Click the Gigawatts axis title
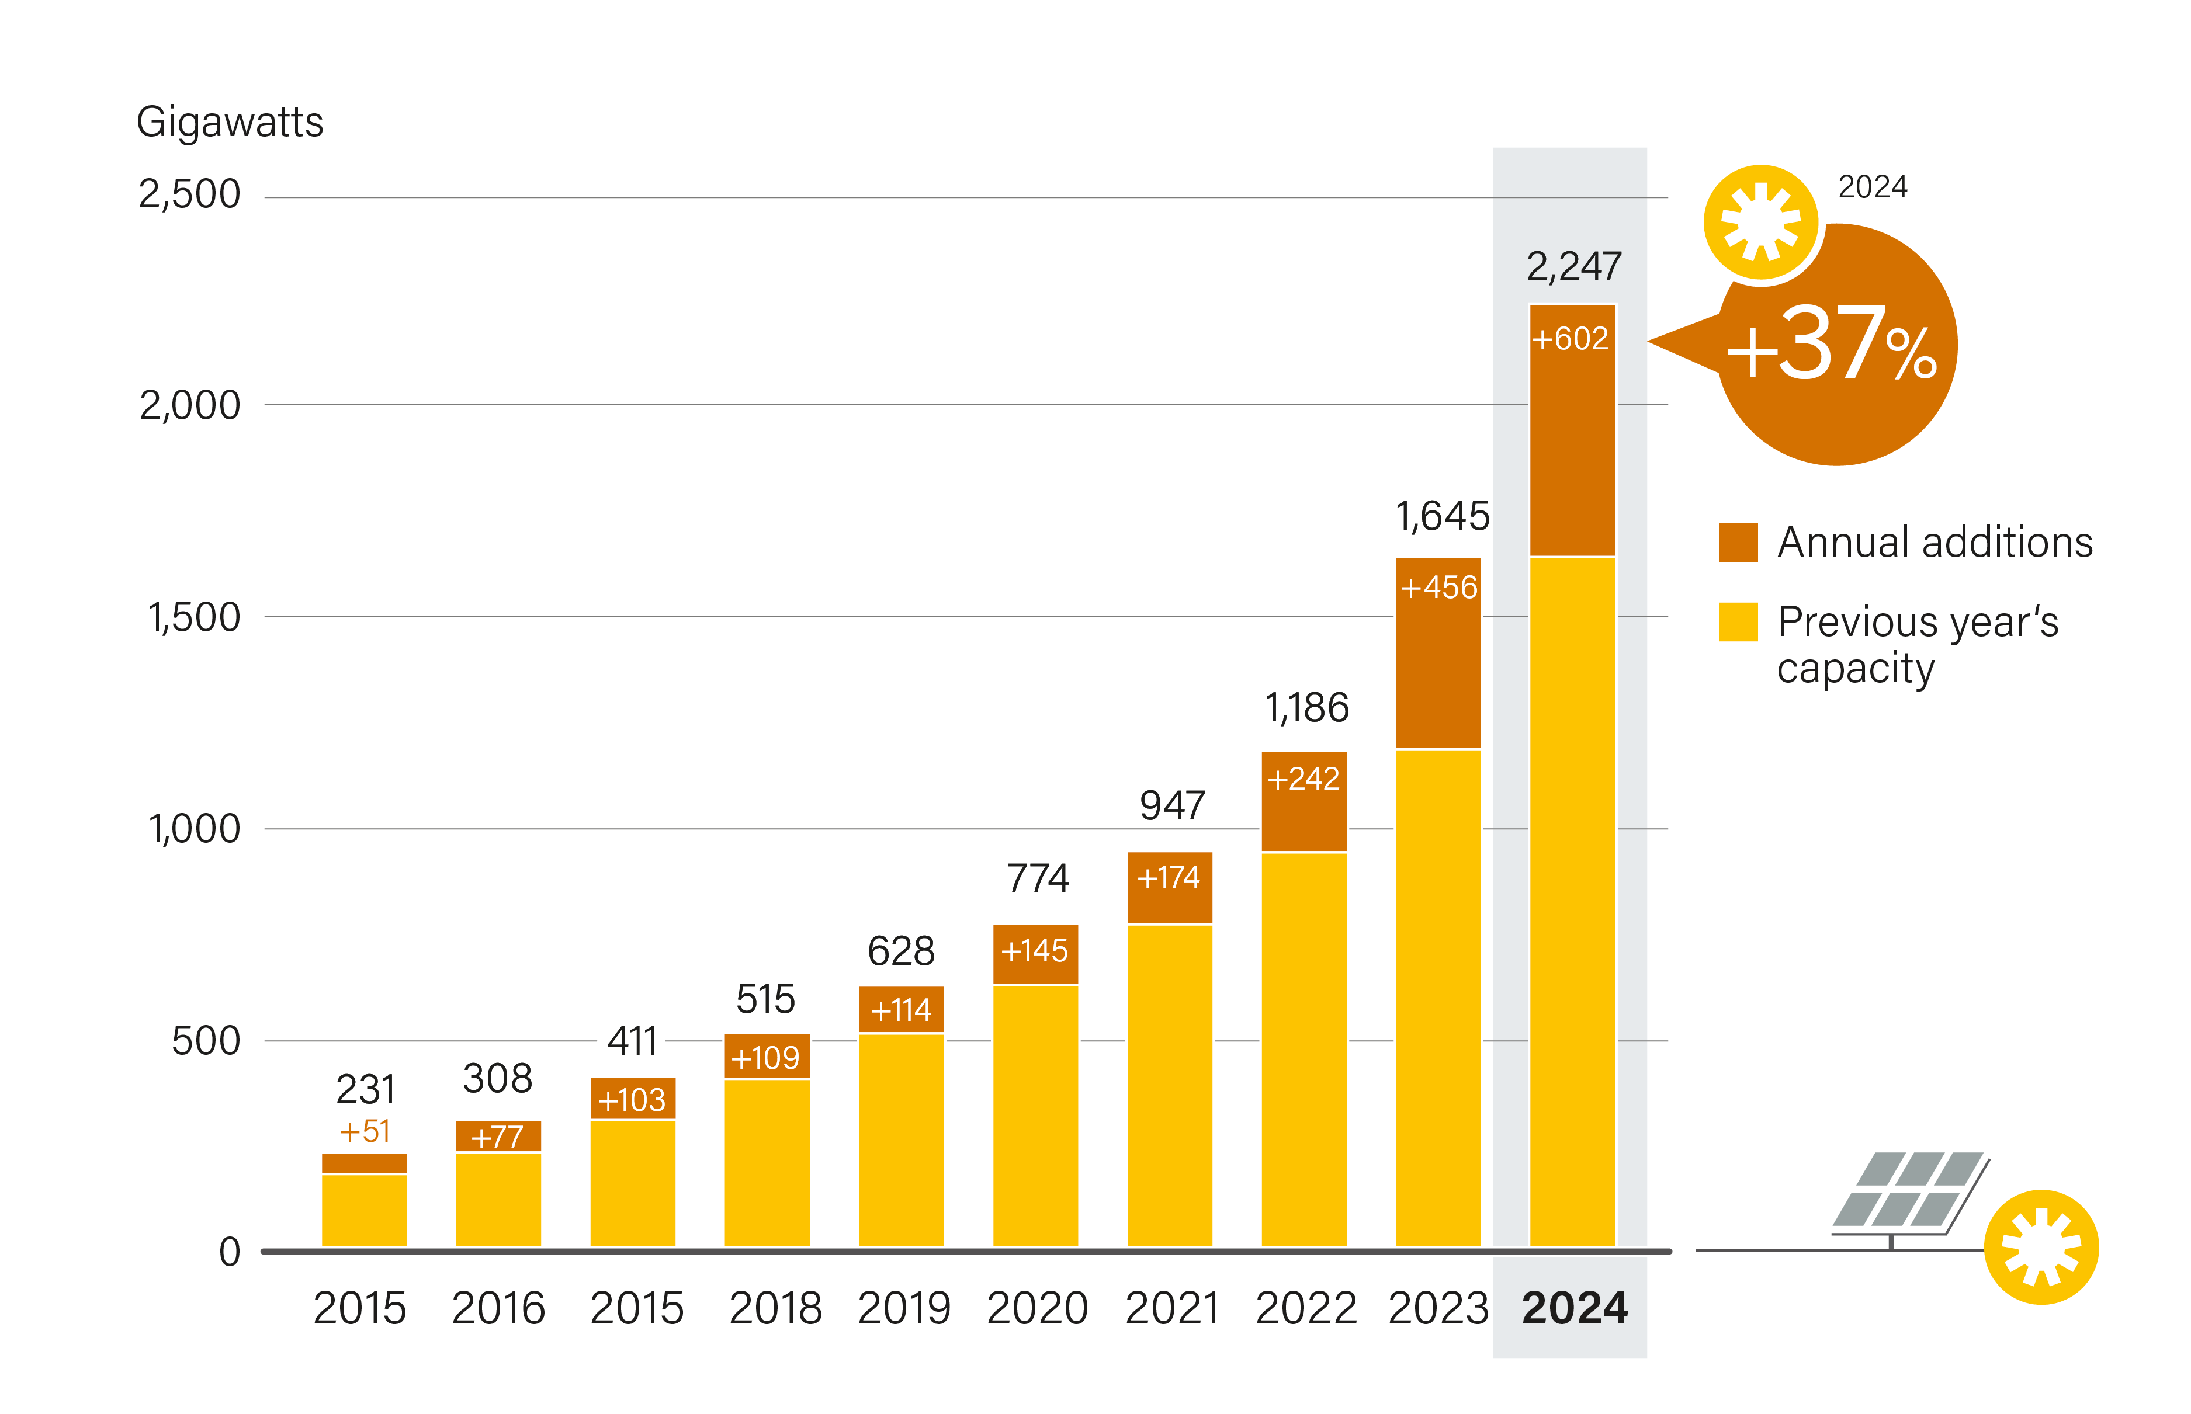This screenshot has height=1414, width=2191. click(x=230, y=122)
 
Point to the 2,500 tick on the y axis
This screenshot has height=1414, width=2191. click(x=189, y=194)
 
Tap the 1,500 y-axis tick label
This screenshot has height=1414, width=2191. click(x=194, y=618)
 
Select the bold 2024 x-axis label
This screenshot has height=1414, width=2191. click(x=1574, y=1308)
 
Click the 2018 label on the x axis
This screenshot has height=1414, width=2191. click(x=775, y=1308)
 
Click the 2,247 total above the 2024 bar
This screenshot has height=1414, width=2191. click(x=1573, y=267)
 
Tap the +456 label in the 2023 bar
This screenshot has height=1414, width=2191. click(x=1438, y=588)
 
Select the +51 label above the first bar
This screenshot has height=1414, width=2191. click(x=365, y=1131)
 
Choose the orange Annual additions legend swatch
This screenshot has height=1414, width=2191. click(x=1738, y=542)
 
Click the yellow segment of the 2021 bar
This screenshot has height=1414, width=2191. click(x=1169, y=1083)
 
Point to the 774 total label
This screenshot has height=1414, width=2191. click(x=1038, y=878)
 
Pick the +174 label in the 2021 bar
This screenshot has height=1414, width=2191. click(x=1168, y=878)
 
